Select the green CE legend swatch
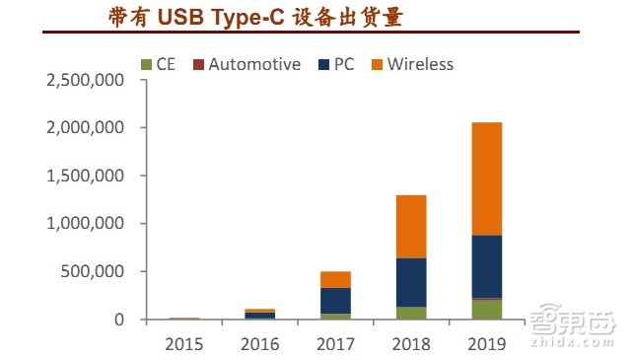145,65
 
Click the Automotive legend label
253,64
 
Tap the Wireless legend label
420,64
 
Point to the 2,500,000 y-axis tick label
85,80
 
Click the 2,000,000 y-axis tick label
85,128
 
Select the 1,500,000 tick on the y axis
85,176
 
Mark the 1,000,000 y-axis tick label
85,224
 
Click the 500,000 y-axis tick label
95,271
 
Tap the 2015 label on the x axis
184,344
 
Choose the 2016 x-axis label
259,344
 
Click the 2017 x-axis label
334,344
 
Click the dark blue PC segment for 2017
334,301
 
